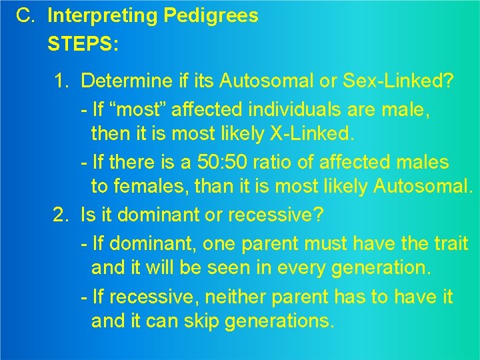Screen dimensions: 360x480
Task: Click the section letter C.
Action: pyautogui.click(x=26, y=16)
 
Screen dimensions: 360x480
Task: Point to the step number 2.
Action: pyautogui.click(x=62, y=215)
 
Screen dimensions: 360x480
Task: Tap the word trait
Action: pyautogui.click(x=451, y=243)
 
